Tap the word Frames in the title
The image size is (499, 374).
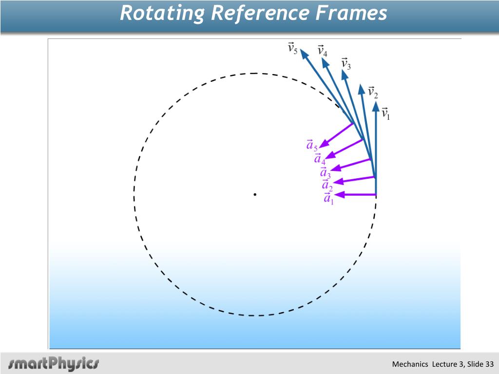click(x=350, y=13)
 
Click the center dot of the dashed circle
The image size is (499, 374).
click(x=254, y=195)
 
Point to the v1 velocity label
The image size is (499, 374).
click(x=385, y=113)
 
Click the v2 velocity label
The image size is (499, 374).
click(x=373, y=92)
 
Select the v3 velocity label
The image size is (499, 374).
click(x=345, y=64)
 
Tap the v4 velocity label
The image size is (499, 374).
click(x=322, y=51)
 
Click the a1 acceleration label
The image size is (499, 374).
click(x=329, y=198)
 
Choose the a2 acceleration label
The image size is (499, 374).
click(x=327, y=185)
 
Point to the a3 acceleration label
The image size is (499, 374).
click(x=325, y=172)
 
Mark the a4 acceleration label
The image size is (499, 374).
click(x=320, y=159)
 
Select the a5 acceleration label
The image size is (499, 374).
click(x=312, y=145)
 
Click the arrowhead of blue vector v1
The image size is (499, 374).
click(x=375, y=106)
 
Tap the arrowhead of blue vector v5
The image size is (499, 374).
click(x=303, y=53)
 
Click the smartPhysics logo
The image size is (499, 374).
click(x=54, y=363)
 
